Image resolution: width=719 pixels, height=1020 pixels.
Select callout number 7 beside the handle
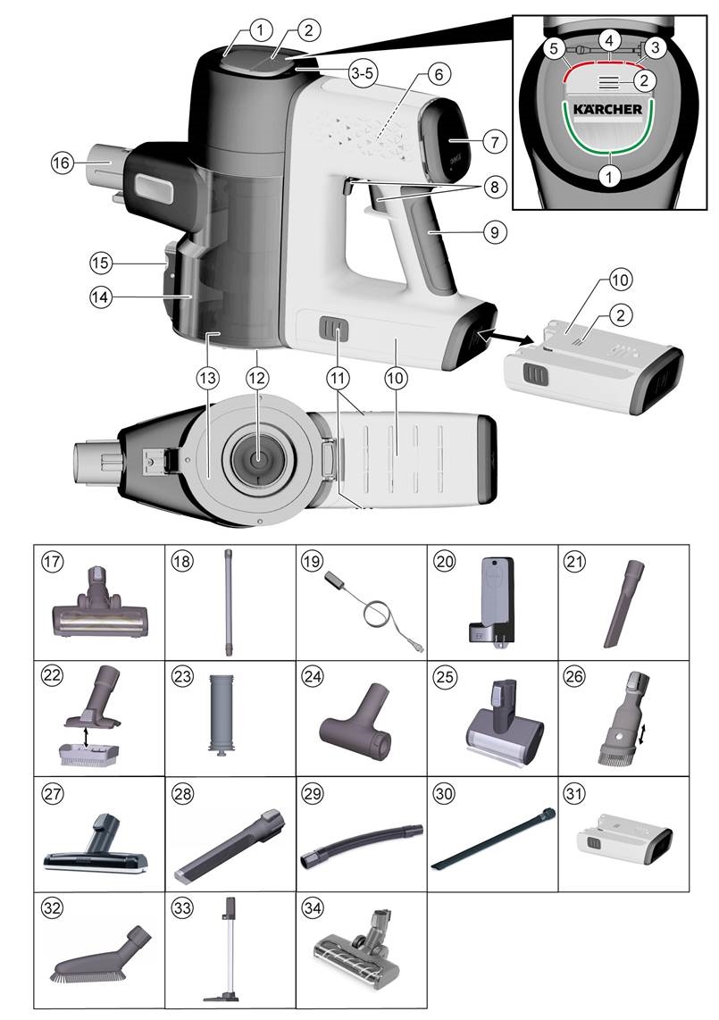496,141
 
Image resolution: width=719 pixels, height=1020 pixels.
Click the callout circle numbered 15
102,263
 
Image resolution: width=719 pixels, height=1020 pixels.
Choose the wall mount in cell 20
490,603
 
